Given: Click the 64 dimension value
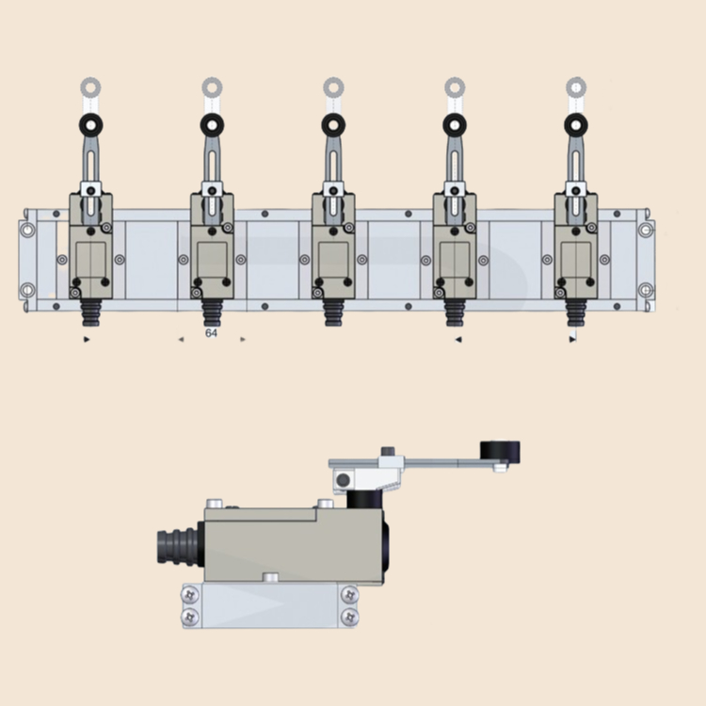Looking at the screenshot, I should point(212,333).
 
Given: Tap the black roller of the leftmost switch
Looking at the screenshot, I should point(91,124).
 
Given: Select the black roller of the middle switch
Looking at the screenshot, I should point(333,124).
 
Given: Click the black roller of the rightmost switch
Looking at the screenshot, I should point(575,124).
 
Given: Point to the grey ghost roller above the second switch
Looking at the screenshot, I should point(212,88).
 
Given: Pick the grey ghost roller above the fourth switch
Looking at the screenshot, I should point(454,88).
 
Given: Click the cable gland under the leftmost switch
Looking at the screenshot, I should point(91,311).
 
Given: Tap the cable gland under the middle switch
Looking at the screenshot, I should point(333,311).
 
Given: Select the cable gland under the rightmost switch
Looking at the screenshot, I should point(575,311).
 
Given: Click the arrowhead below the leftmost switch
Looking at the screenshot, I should point(88,339).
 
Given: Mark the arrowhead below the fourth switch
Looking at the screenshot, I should point(458,339).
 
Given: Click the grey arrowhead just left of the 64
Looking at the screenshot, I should point(181,339).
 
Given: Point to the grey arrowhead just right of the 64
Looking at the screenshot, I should point(243,339).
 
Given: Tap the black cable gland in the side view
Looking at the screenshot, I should point(177,548).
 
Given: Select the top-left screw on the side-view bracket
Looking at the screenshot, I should point(191,595).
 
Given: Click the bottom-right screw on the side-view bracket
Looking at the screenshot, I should point(349,617).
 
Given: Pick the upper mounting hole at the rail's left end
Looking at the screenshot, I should point(26,229).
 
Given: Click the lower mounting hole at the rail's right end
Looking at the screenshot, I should point(645,290).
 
